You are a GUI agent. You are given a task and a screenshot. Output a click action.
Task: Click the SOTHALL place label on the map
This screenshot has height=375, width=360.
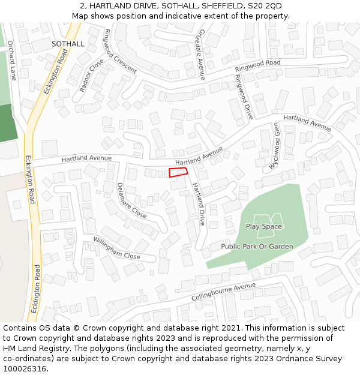pos(68,44)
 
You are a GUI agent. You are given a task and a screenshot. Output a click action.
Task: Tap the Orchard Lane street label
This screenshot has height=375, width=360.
pos(12,60)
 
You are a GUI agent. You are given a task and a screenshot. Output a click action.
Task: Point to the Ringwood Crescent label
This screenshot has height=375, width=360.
pos(121,51)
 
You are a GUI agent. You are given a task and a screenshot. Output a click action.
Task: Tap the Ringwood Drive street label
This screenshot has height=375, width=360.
pos(244,97)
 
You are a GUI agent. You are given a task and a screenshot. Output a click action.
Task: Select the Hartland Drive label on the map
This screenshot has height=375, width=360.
pos(199,204)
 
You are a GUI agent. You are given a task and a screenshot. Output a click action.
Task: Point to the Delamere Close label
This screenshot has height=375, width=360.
pos(131,200)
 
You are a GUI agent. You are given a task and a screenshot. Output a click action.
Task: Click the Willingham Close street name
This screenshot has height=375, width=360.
pos(116,248)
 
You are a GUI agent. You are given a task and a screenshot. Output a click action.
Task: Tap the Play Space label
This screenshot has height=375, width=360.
pos(264,226)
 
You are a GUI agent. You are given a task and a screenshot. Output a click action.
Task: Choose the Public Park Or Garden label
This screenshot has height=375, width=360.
pos(257,247)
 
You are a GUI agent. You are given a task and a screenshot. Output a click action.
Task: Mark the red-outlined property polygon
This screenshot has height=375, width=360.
pos(178,173)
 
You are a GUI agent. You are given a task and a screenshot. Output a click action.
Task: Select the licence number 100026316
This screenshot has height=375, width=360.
pos(25,369)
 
